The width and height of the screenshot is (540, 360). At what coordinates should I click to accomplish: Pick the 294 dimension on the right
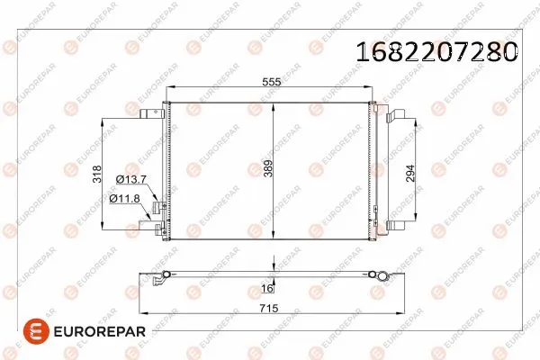[x=410, y=174]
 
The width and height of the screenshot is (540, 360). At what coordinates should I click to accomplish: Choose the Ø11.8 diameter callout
[x=126, y=198]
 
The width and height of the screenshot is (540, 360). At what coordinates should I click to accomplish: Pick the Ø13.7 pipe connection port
[x=159, y=208]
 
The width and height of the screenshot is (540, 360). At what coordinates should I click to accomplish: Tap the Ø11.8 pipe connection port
[x=159, y=230]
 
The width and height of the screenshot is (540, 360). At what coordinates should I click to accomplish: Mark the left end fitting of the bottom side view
[x=160, y=279]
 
